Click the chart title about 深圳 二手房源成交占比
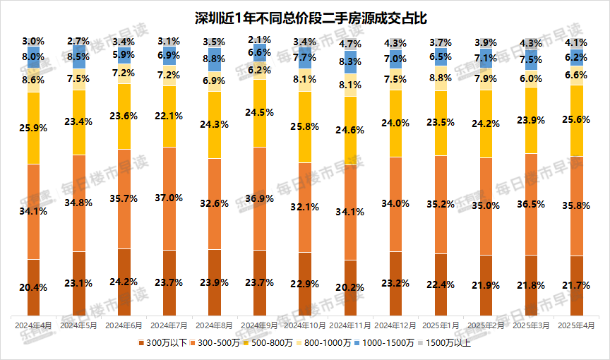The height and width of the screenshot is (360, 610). (x=306, y=16)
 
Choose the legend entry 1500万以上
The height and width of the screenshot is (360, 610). (x=448, y=344)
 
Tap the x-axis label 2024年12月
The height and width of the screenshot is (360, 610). (x=395, y=326)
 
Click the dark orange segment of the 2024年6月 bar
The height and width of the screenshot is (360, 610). (x=124, y=282)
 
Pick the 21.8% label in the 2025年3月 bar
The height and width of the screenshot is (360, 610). (x=532, y=284)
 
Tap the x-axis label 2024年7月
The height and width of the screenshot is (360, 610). (x=169, y=326)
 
